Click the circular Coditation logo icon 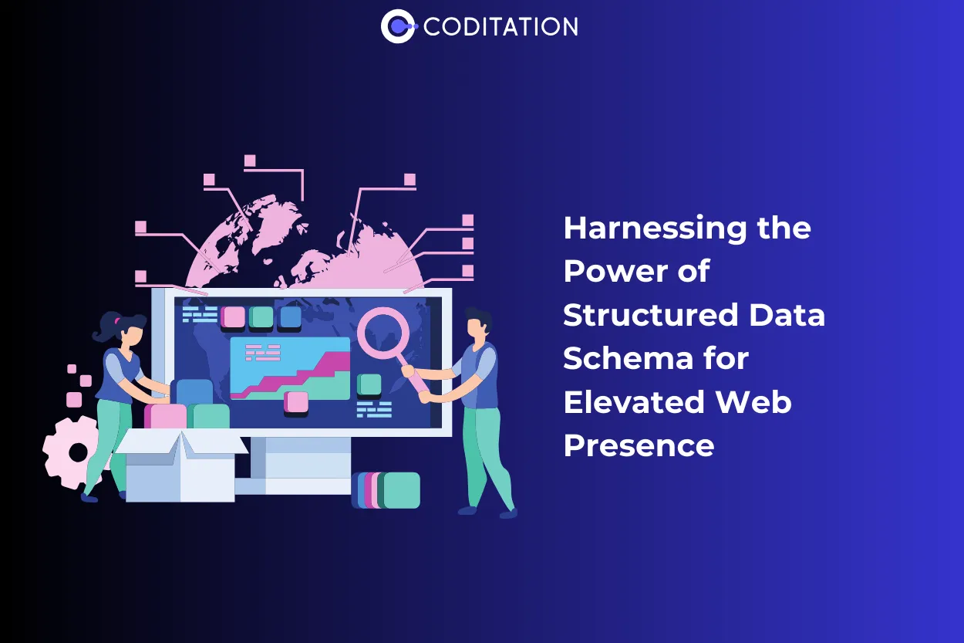398,26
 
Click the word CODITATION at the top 501,27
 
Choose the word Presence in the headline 639,445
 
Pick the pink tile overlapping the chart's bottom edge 296,402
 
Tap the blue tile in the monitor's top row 291,317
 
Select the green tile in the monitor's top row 261,317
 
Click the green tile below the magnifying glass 370,384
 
